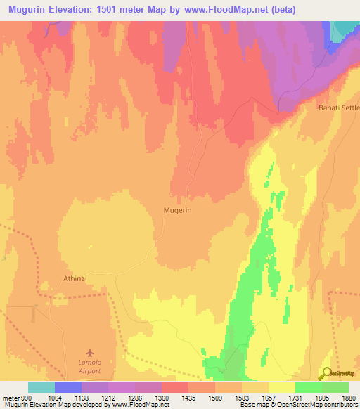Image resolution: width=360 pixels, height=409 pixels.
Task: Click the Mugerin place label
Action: tap(177, 209)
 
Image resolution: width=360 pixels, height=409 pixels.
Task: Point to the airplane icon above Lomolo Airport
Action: tap(89, 352)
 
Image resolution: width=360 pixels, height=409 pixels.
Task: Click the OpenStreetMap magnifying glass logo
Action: tap(326, 374)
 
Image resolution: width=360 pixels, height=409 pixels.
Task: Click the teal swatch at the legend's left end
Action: tap(41, 387)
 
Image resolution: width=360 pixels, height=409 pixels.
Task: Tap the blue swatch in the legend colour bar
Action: tap(68, 387)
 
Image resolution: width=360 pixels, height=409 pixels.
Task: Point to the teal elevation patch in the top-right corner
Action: tap(345, 30)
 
